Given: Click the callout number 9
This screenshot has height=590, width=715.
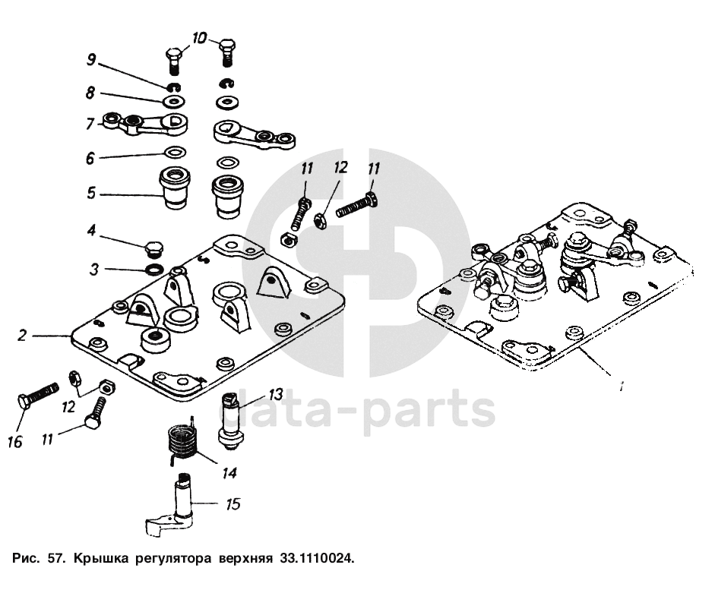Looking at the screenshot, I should click(90, 59).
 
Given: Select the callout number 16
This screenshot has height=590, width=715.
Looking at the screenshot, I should click(15, 442).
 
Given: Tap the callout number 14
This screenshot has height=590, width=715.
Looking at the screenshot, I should click(228, 472).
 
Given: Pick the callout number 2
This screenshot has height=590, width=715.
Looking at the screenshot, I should click(23, 334).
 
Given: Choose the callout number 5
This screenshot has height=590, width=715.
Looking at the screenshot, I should click(90, 194).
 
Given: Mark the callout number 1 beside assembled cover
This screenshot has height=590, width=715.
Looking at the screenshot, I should click(621, 387).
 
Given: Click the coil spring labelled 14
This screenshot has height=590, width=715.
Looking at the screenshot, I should click(182, 443).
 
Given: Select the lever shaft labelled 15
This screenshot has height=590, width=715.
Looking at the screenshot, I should click(181, 505).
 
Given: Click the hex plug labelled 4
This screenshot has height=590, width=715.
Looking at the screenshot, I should click(153, 249).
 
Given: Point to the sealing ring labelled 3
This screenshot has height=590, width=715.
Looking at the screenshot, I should click(153, 270).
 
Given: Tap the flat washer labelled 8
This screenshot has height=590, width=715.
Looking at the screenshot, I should click(174, 101).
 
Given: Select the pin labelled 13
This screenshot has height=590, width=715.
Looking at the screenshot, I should click(230, 420).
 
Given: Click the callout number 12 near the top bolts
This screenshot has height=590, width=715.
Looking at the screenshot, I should click(339, 169).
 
